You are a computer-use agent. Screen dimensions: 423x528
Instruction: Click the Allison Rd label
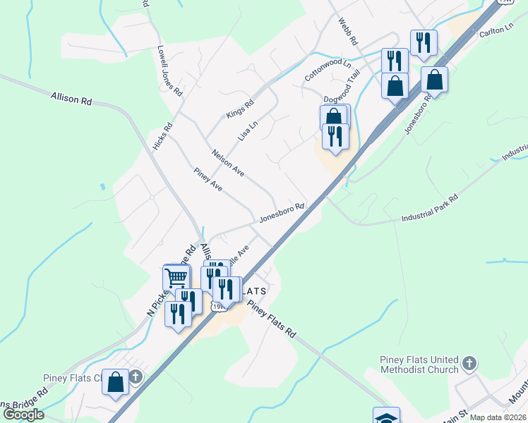pos(71,98)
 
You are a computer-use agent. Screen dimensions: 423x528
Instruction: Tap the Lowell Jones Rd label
pos(170,72)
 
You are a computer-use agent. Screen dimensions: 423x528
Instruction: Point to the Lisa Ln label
pos(248,129)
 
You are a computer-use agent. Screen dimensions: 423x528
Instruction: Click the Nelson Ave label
pos(228,163)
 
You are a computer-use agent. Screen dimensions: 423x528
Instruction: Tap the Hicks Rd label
pos(162,137)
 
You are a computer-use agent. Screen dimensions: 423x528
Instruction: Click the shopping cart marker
pos(176,277)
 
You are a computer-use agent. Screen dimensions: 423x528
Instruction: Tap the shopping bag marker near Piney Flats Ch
pos(116,382)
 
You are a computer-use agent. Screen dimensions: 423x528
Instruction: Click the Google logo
pos(23,415)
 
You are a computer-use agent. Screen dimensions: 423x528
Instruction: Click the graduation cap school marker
pos(386,417)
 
